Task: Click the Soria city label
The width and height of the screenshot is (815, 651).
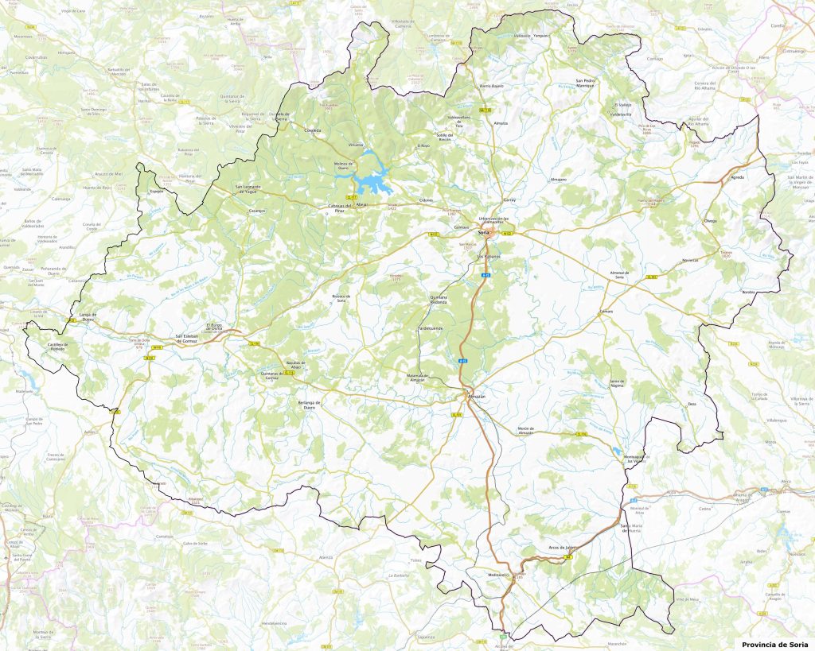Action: tap(482, 232)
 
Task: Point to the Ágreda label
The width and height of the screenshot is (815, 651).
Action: tap(738, 177)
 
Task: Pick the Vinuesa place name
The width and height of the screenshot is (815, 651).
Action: tap(356, 145)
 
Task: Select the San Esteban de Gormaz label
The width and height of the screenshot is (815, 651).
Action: tap(185, 337)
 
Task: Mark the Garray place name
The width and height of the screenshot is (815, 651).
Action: tap(509, 200)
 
